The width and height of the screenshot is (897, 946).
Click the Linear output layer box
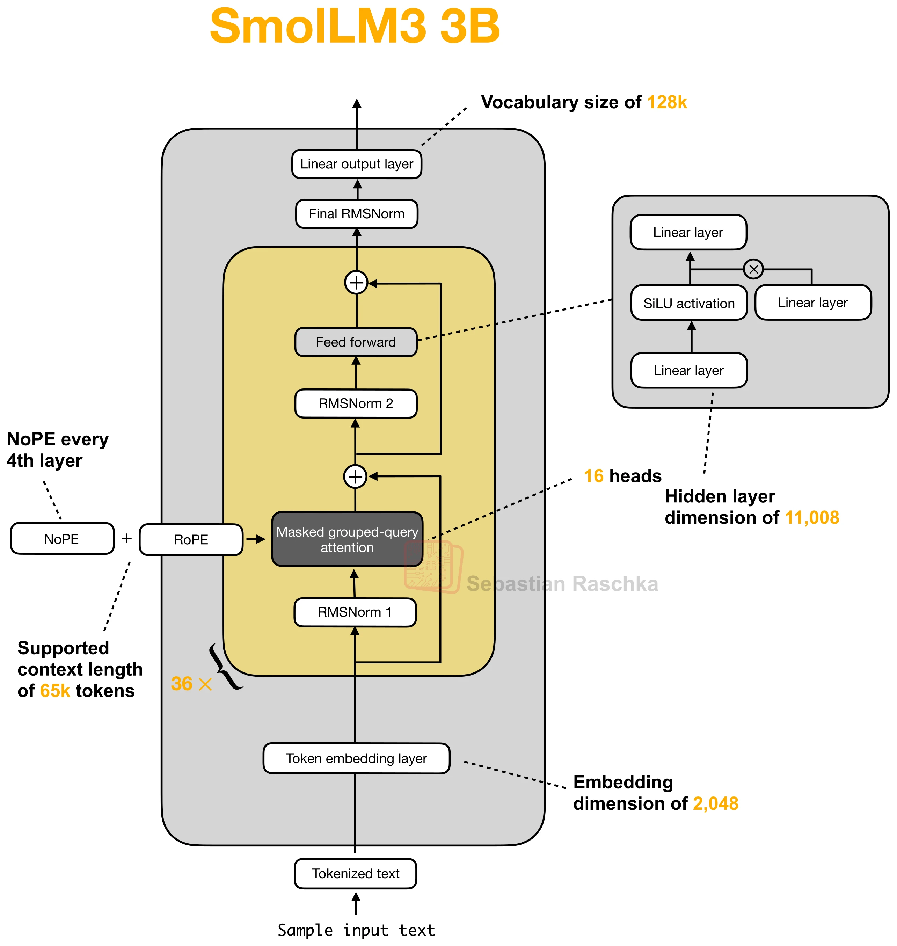tap(356, 164)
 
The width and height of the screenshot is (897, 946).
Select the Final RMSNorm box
tap(356, 214)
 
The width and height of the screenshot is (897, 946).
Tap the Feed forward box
tap(356, 342)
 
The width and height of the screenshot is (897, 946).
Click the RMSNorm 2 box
tap(356, 403)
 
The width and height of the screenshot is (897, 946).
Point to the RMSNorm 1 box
tap(355, 612)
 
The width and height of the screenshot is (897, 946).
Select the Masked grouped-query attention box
tap(347, 539)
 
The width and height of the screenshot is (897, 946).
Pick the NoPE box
tap(62, 539)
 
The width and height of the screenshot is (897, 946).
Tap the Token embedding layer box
tap(356, 758)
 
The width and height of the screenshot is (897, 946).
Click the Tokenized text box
tap(355, 873)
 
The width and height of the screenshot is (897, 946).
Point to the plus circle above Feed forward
tap(356, 282)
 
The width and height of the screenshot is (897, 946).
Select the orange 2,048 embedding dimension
tap(715, 803)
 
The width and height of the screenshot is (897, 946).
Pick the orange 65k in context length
tap(55, 691)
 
